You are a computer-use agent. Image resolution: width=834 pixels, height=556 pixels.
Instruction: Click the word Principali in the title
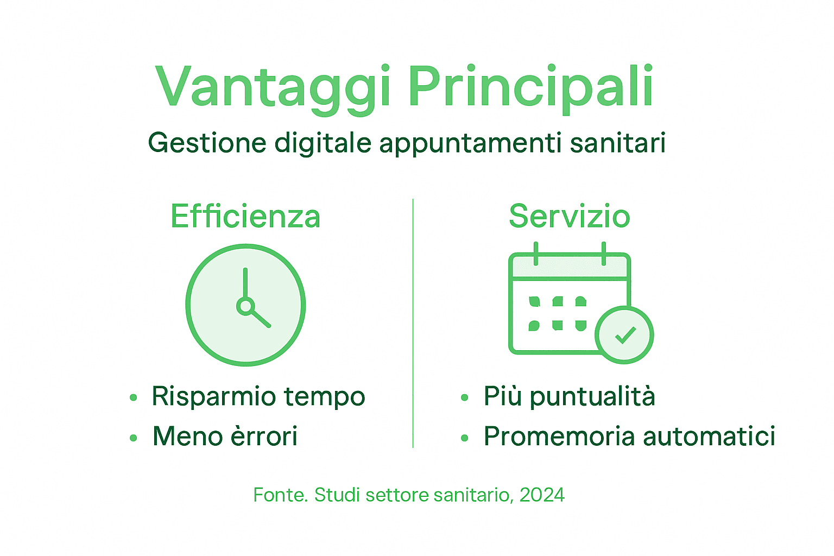[531, 87]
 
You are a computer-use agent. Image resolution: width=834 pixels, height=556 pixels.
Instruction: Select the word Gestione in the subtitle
[207, 143]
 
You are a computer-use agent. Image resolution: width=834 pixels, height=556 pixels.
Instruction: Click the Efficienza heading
[245, 216]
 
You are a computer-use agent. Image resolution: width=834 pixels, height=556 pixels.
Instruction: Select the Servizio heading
[569, 216]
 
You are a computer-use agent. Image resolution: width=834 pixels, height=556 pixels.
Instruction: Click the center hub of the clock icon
[245, 306]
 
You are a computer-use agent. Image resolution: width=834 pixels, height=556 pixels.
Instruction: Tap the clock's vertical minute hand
[245, 283]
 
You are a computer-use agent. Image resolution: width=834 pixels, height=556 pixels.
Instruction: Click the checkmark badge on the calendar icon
[624, 335]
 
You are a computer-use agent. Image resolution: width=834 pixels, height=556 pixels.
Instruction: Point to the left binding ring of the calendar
[536, 254]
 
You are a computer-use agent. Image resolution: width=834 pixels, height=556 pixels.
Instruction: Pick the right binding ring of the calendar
[604, 254]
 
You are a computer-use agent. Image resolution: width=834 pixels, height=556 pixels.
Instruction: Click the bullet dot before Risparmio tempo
[134, 398]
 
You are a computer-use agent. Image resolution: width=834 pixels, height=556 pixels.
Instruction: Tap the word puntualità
[592, 397]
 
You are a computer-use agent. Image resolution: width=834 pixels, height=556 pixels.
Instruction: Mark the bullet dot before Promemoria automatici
[464, 438]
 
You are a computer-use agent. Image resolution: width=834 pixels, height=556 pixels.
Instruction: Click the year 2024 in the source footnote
[542, 495]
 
